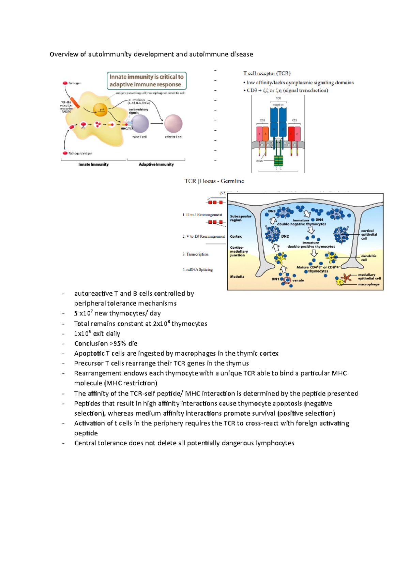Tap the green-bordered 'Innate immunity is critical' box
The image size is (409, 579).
point(147,81)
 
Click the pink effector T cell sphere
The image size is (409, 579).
point(173,123)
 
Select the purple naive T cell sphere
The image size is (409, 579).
point(140,123)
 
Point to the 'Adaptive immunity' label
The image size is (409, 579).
point(156,164)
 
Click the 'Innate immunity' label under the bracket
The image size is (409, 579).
point(93,164)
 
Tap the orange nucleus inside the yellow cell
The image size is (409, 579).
point(100,110)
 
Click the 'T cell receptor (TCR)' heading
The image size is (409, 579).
point(267,73)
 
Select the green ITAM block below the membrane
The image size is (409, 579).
point(278,160)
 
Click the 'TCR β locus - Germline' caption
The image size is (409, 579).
point(214,181)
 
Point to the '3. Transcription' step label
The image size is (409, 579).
point(195,254)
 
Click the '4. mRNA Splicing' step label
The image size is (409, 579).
point(197,270)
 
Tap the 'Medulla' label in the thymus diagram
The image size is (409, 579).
point(237,277)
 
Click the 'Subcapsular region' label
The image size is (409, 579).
point(241,218)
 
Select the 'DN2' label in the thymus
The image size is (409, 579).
point(285,236)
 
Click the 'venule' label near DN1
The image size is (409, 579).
point(298,281)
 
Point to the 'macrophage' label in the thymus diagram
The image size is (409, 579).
point(368,284)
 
